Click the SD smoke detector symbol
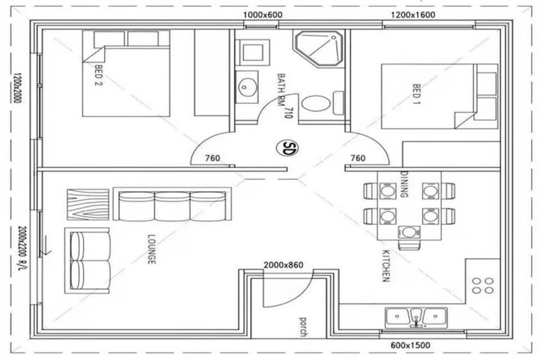[x=288, y=148]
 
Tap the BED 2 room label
[x=98, y=77]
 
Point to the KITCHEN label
[x=385, y=265]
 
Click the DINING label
[x=404, y=184]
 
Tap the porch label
[x=301, y=324]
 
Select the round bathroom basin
[x=247, y=87]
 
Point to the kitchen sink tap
[x=416, y=322]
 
